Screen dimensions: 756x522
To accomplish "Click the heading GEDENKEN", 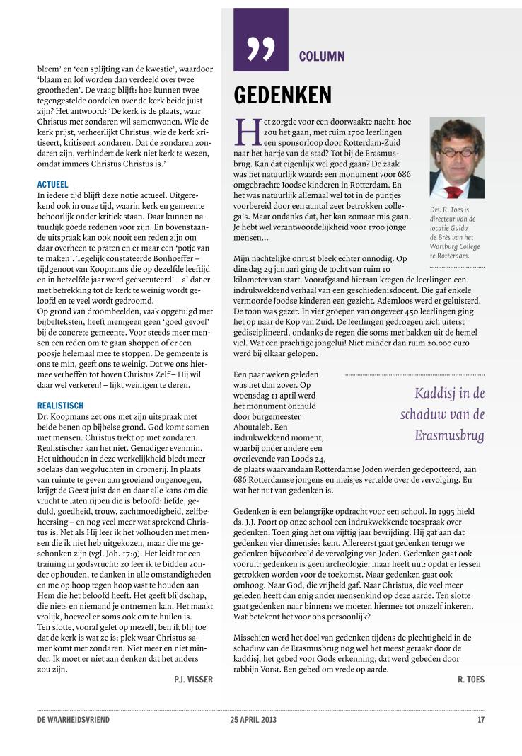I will click(283, 95).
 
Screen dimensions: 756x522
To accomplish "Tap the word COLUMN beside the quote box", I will click(322, 56).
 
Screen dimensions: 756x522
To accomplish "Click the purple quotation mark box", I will click(261, 40).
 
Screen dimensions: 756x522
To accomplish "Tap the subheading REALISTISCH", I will click(60, 406).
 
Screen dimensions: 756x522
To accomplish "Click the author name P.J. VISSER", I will click(193, 679).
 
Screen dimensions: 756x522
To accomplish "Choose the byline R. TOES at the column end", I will click(470, 679).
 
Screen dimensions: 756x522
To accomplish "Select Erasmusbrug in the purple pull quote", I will click(449, 435).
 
